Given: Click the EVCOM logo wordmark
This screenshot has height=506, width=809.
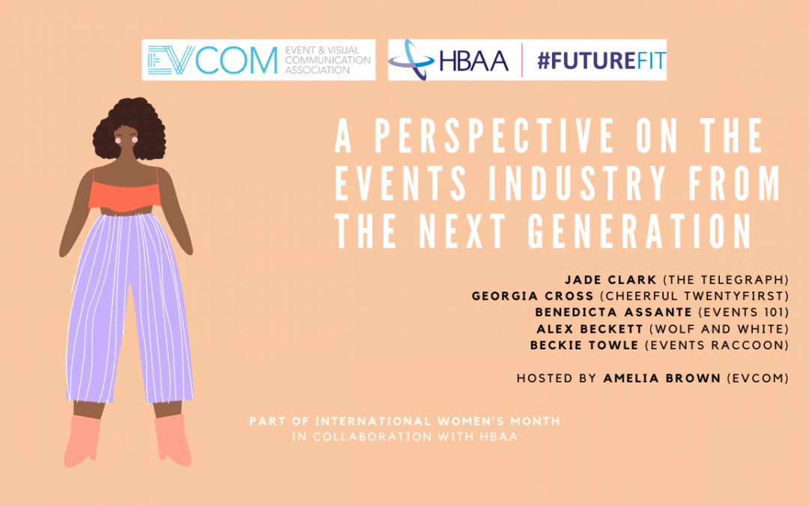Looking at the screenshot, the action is (213, 60).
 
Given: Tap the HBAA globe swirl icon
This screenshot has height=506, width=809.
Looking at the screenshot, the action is (411, 60).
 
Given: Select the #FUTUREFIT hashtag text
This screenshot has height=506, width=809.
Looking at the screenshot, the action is (602, 61).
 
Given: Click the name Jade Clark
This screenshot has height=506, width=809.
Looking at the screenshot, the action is (610, 280).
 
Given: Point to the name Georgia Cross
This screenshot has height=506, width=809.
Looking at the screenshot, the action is (533, 296).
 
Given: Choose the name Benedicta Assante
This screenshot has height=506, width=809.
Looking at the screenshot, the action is (613, 313).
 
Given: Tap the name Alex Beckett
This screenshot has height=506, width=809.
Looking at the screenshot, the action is (590, 329).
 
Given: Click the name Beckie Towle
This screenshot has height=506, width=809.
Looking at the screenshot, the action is (584, 345).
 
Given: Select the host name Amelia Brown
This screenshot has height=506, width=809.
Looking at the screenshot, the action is (662, 378).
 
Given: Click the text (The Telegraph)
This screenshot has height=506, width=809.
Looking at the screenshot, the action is (726, 280).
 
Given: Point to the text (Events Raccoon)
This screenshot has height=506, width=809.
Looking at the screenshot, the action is (717, 345).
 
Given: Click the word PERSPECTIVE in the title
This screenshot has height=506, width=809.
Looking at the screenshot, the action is (494, 136).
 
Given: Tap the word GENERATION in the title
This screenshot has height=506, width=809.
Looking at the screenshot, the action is (640, 232).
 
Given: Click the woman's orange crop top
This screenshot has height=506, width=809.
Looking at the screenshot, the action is (124, 196).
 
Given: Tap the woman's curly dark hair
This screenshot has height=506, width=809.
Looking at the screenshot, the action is (129, 127).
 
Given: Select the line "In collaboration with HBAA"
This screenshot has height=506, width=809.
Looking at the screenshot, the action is (404, 437).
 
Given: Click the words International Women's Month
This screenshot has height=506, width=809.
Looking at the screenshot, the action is (437, 421).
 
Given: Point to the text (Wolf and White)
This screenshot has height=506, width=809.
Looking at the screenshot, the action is (719, 329).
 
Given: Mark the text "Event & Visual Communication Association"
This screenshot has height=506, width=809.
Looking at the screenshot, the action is (327, 60).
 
